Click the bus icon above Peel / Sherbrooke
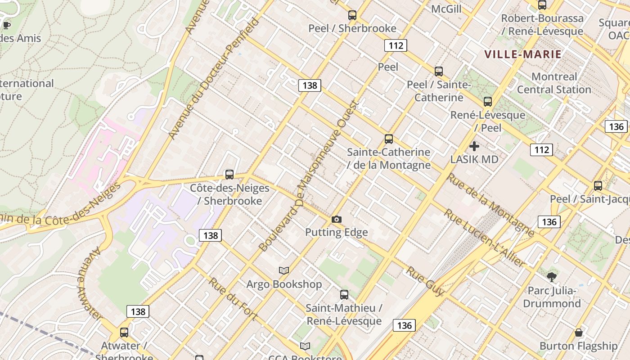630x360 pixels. coord(352,15)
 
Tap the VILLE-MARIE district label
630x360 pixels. coord(523,54)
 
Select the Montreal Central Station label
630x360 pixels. coord(554,83)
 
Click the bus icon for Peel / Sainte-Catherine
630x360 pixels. coord(439,71)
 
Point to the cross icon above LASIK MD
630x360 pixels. coord(474,146)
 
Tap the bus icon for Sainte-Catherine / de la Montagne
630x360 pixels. coord(389,139)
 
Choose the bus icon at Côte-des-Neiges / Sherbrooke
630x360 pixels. coord(229,175)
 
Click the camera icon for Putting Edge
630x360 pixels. coord(336,219)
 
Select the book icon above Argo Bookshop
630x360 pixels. coord(283,270)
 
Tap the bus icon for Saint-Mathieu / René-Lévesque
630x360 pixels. coord(344,295)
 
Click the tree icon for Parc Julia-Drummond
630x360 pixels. coord(552,277)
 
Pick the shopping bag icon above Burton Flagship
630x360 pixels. coord(579,333)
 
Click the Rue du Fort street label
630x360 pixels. coord(233,299)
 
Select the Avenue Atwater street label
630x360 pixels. coord(90,283)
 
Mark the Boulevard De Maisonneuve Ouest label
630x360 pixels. coord(309,175)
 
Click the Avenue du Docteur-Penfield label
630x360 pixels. coord(214,79)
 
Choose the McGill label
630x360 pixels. coord(446,9)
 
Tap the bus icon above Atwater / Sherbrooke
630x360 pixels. coord(124,333)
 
